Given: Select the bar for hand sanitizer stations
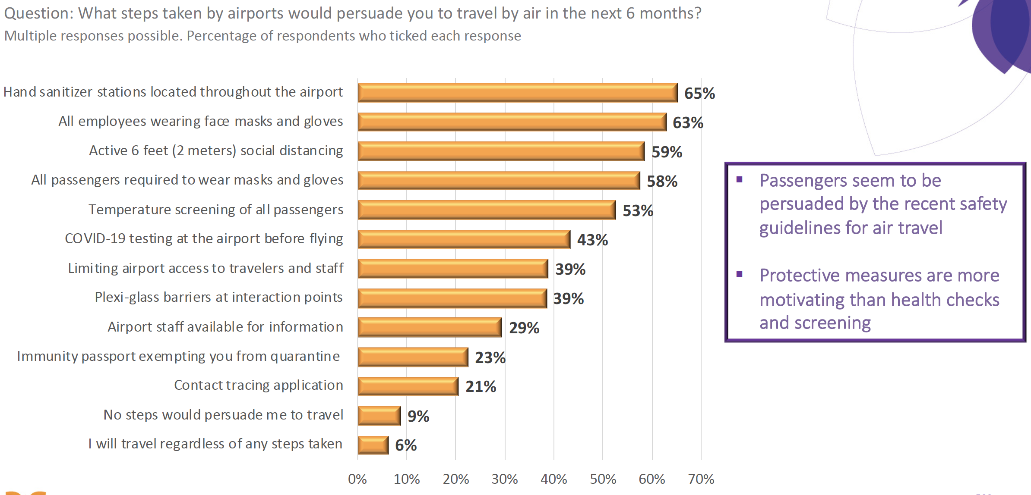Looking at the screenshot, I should [x=517, y=92].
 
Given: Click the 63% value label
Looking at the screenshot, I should [x=688, y=123].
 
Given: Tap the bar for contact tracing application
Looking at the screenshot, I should [x=408, y=386].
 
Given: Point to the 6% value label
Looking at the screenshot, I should [x=406, y=445].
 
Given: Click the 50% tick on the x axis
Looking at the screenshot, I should [x=603, y=479].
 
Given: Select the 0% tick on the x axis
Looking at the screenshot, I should [x=357, y=479].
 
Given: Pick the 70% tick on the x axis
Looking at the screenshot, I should [x=701, y=479].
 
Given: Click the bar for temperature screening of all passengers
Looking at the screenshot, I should [x=486, y=210].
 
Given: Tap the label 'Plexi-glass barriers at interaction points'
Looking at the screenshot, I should [x=218, y=298].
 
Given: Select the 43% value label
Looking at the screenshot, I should [x=592, y=240].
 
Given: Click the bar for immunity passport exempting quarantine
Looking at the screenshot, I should [x=413, y=357].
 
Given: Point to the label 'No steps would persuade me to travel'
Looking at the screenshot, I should [x=223, y=415].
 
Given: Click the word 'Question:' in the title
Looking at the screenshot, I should [x=39, y=13].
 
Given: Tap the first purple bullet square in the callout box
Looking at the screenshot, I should [x=740, y=180].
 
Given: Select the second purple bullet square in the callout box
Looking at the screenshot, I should [x=740, y=275].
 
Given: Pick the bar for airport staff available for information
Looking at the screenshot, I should [x=429, y=327].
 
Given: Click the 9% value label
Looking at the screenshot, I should [x=418, y=417].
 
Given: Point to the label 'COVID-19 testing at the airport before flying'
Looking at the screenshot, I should [x=204, y=239].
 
